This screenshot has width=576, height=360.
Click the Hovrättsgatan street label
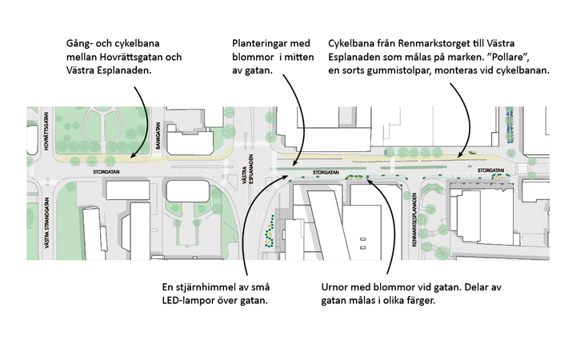click(48, 138)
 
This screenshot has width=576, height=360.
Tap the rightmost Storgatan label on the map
click(490, 170)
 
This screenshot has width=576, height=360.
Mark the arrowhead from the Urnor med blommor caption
click(368, 179)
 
